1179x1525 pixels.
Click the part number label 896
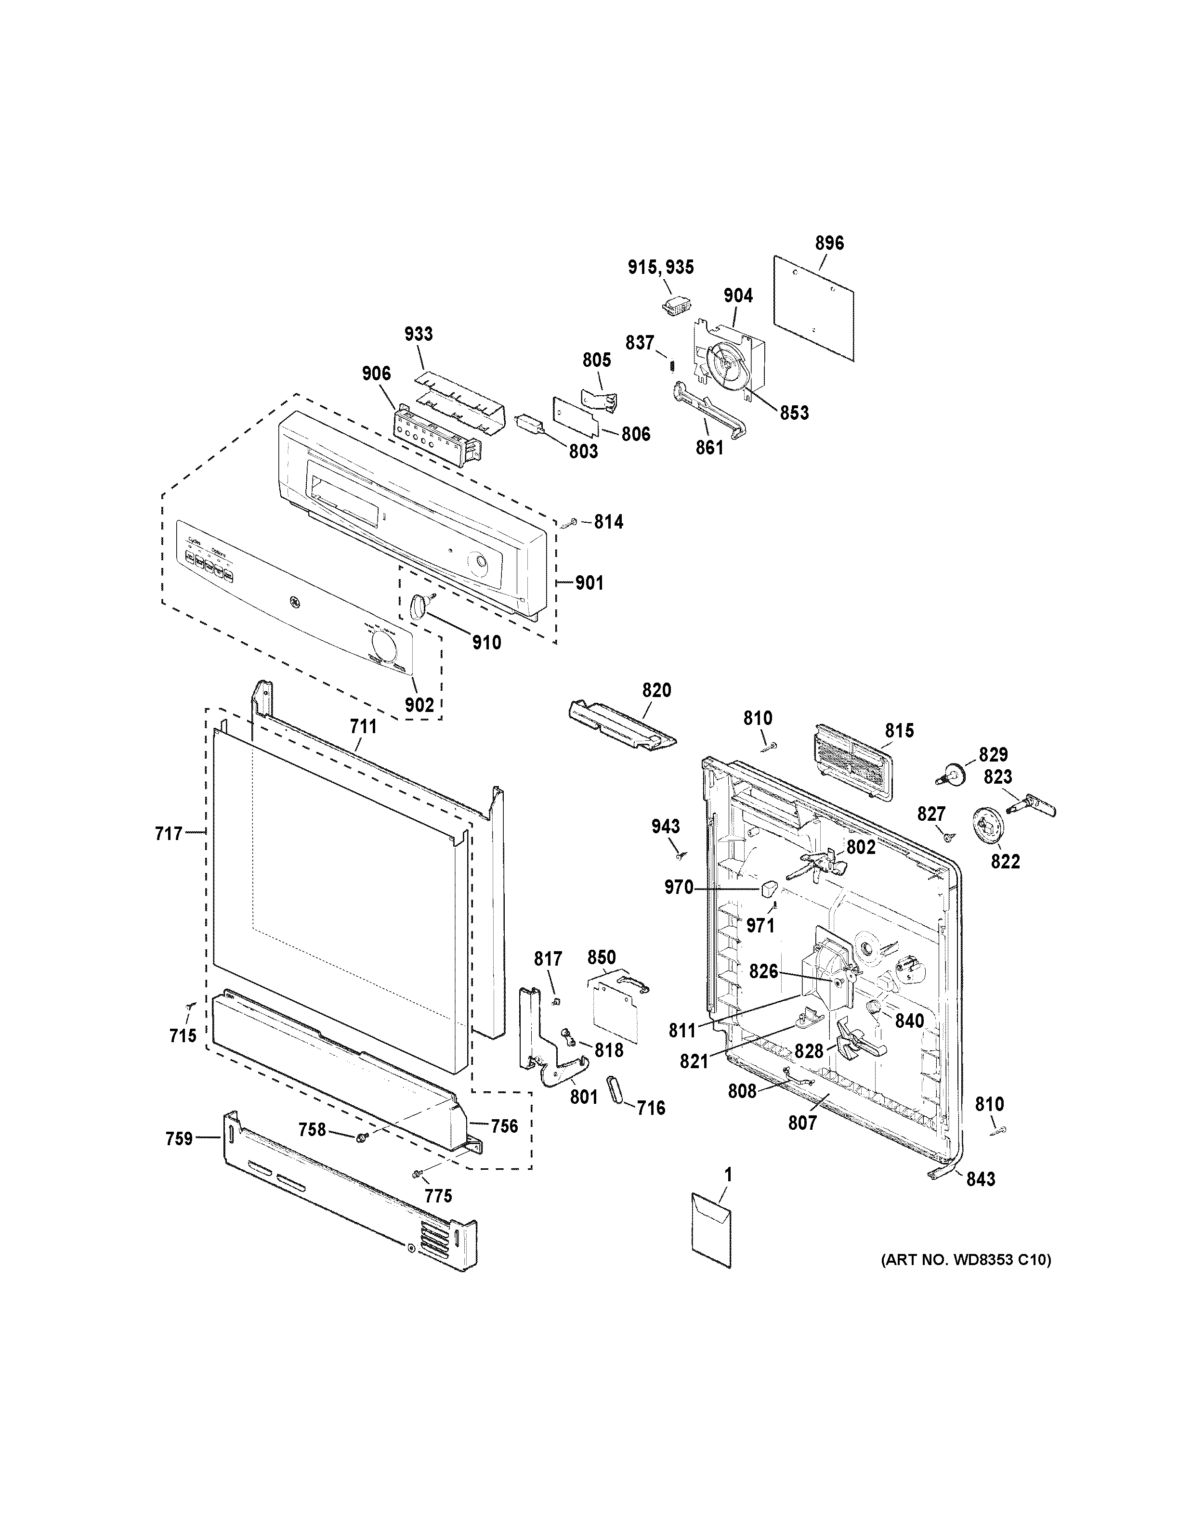pyautogui.click(x=829, y=243)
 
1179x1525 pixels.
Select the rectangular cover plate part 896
pyautogui.click(x=814, y=307)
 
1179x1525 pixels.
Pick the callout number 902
pyautogui.click(x=419, y=705)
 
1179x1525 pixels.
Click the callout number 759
pyautogui.click(x=179, y=1139)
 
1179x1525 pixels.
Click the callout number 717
pyautogui.click(x=169, y=833)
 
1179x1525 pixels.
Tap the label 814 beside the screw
pyautogui.click(x=608, y=522)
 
